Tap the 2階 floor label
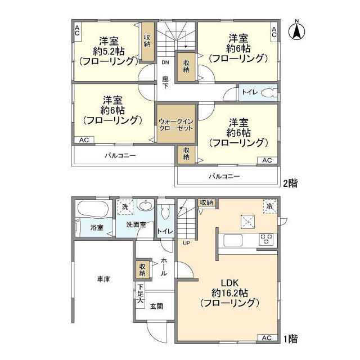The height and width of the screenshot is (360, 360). tap(290, 182)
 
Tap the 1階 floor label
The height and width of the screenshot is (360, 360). tap(290, 339)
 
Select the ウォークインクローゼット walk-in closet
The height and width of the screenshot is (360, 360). tap(176, 124)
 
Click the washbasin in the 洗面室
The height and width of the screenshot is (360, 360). tap(145, 207)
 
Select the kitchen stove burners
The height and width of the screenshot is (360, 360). tap(265, 240)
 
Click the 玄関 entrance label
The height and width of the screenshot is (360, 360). tap(156, 306)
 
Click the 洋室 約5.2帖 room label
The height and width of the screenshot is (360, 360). tap(109, 51)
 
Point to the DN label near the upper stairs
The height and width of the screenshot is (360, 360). tap(165, 62)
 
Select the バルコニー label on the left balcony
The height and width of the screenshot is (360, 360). tap(120, 156)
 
